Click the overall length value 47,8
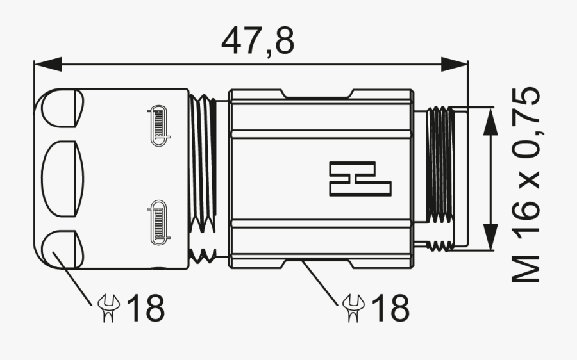258,41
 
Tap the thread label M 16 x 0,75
526,184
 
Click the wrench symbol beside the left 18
109,308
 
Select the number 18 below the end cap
146,308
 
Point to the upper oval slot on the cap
158,124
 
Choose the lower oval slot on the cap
158,222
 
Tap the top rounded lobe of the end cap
63,108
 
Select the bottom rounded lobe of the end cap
63,249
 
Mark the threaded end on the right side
441,179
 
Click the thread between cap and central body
203,179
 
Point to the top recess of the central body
315,94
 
